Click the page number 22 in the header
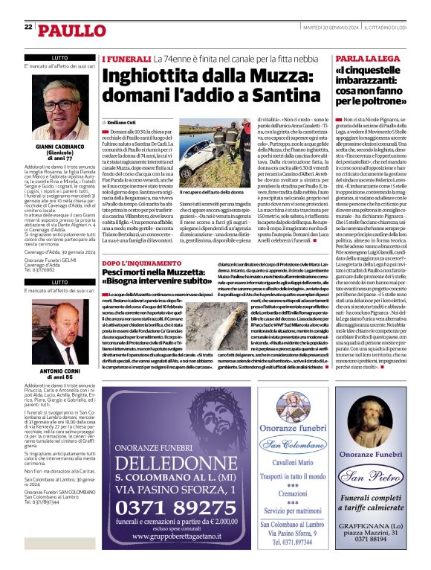pos(27,28)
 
